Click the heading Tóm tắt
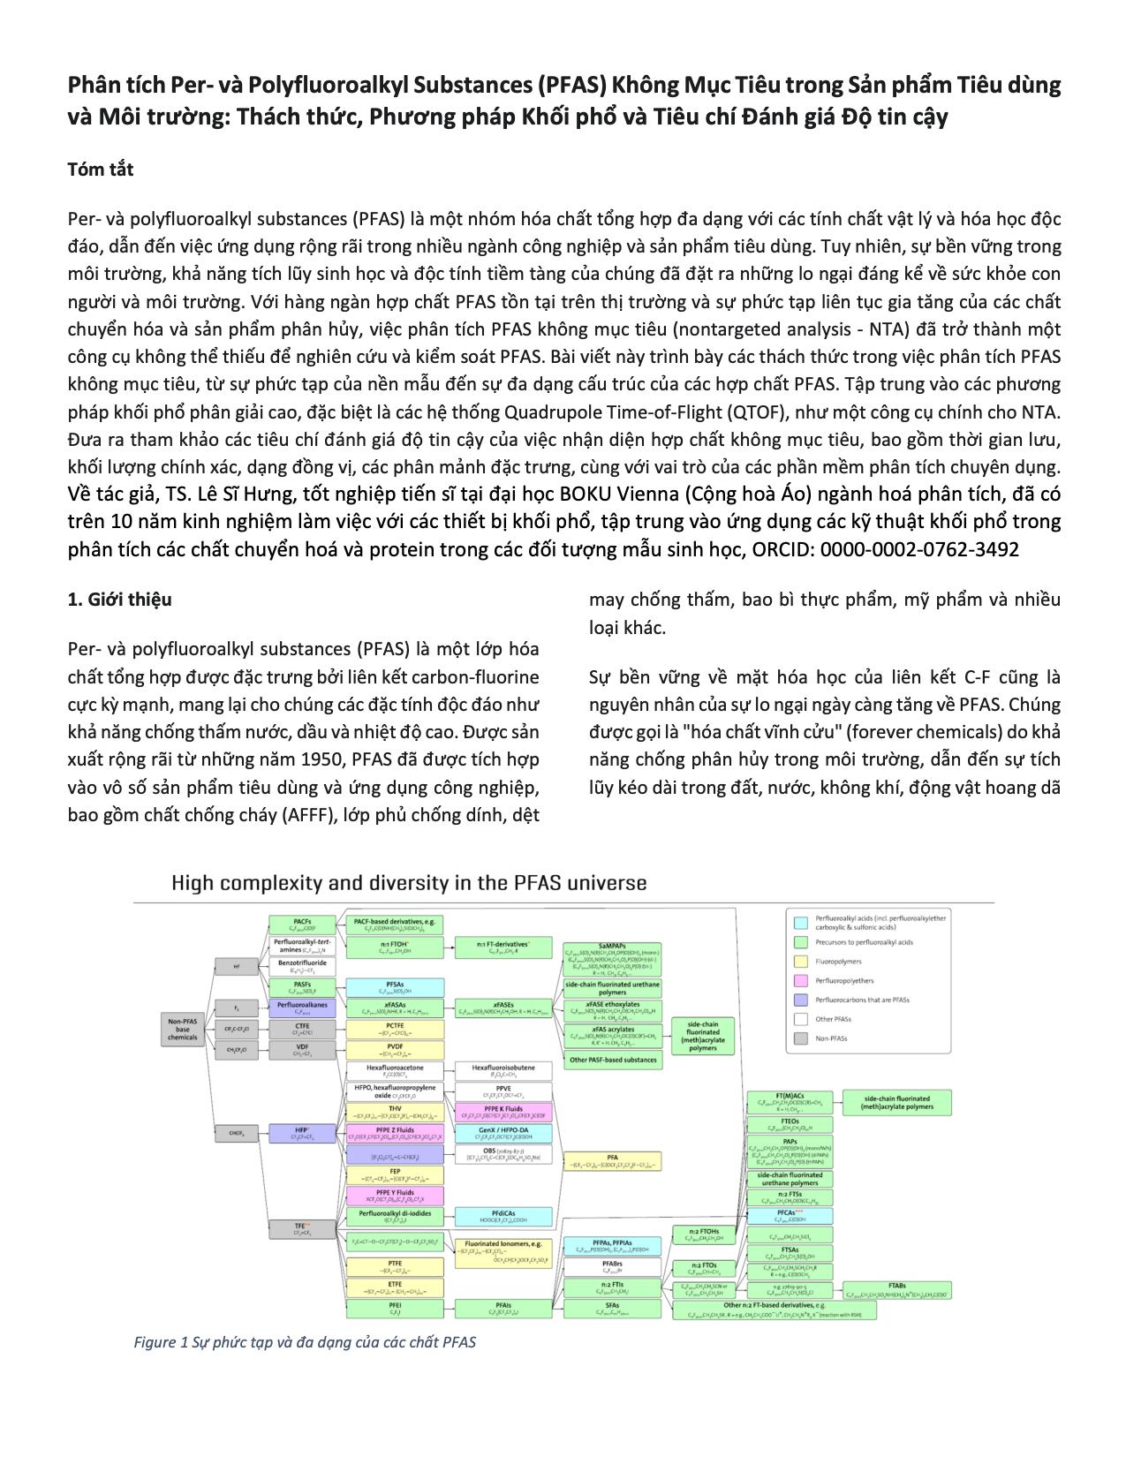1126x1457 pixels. point(100,170)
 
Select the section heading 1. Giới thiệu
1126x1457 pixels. point(119,600)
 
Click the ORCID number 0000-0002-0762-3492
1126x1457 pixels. point(919,549)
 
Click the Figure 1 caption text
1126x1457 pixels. point(305,1342)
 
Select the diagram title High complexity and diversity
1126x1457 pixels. point(408,883)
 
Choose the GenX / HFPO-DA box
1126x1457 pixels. point(503,1133)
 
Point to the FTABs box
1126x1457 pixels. point(896,1289)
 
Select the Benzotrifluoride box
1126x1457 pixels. point(303,966)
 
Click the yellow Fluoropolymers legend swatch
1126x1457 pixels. point(801,961)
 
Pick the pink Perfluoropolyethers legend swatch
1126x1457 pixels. point(801,980)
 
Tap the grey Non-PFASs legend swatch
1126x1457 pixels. point(801,1038)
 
